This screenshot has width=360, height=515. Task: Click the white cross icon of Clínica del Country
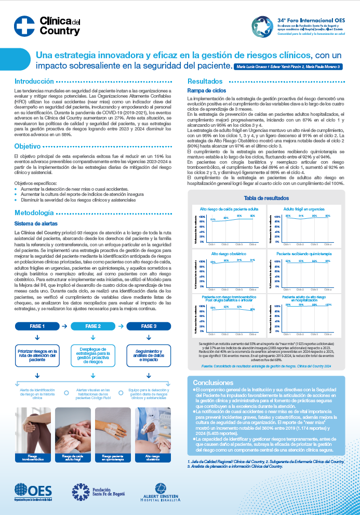click(24, 25)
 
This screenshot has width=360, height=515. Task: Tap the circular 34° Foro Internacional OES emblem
click(260, 25)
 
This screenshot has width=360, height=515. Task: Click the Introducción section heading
click(34, 82)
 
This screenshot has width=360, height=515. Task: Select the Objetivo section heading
click(28, 146)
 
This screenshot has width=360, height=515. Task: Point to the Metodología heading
click(34, 213)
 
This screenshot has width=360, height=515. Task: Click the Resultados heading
click(205, 82)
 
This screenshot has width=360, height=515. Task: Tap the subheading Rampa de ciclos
click(203, 90)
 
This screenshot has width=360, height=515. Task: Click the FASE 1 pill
click(37, 326)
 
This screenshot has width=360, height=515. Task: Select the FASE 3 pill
click(149, 326)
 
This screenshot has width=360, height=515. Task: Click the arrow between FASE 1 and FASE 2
click(64, 326)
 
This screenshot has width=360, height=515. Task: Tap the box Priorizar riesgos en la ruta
click(37, 356)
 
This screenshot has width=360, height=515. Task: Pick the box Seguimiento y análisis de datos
click(149, 356)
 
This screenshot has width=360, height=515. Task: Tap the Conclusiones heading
click(214, 382)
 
